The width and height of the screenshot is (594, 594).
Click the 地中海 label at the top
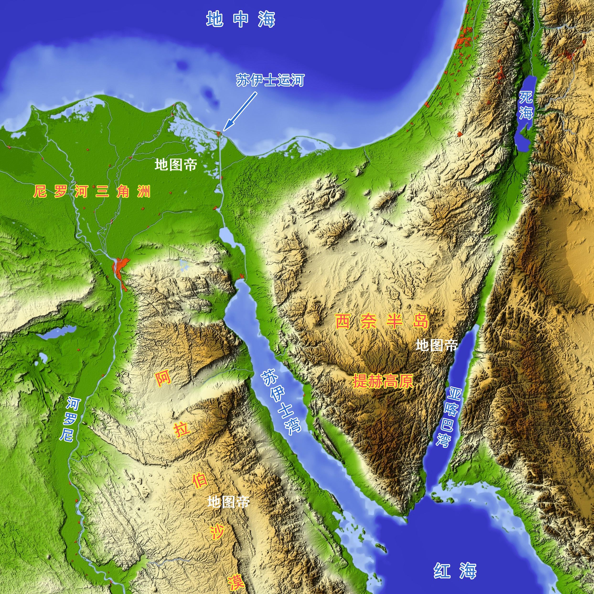tap(241, 19)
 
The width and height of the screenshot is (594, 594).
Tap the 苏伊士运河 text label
tap(270, 80)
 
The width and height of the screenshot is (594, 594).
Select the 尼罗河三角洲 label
tap(92, 192)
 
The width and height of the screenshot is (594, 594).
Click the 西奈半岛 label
tap(381, 321)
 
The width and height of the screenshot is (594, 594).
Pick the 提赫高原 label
tap(383, 381)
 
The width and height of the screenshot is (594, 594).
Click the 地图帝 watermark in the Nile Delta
tap(176, 165)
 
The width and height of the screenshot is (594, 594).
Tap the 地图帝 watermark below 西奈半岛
tap(437, 346)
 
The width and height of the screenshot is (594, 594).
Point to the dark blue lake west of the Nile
tap(58, 333)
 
